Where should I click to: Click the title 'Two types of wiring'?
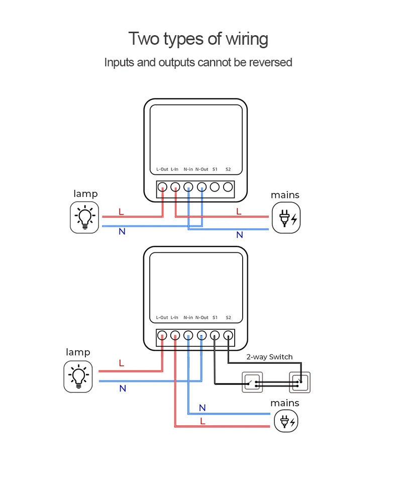tap(198, 39)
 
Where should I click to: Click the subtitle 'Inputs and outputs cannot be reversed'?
tap(198, 63)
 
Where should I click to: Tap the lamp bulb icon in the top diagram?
tap(84, 217)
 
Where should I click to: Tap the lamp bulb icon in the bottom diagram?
tap(78, 376)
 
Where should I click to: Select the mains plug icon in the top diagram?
tap(285, 218)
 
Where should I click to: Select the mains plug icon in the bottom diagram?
tap(285, 421)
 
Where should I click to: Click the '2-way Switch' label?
tap(269, 357)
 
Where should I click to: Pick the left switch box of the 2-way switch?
tap(252, 382)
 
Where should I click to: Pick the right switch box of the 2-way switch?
tap(300, 382)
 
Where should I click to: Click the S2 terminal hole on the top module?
tap(228, 187)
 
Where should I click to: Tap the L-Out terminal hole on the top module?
tap(162, 187)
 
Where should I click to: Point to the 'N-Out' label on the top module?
tap(202, 169)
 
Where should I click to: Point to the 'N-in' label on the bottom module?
tap(188, 318)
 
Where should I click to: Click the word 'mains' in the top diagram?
tap(285, 195)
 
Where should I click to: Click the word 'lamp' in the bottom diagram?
tap(78, 352)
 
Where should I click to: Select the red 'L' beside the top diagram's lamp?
tap(121, 212)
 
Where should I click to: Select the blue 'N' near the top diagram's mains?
tap(239, 235)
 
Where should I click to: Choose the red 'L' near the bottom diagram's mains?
tap(203, 421)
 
